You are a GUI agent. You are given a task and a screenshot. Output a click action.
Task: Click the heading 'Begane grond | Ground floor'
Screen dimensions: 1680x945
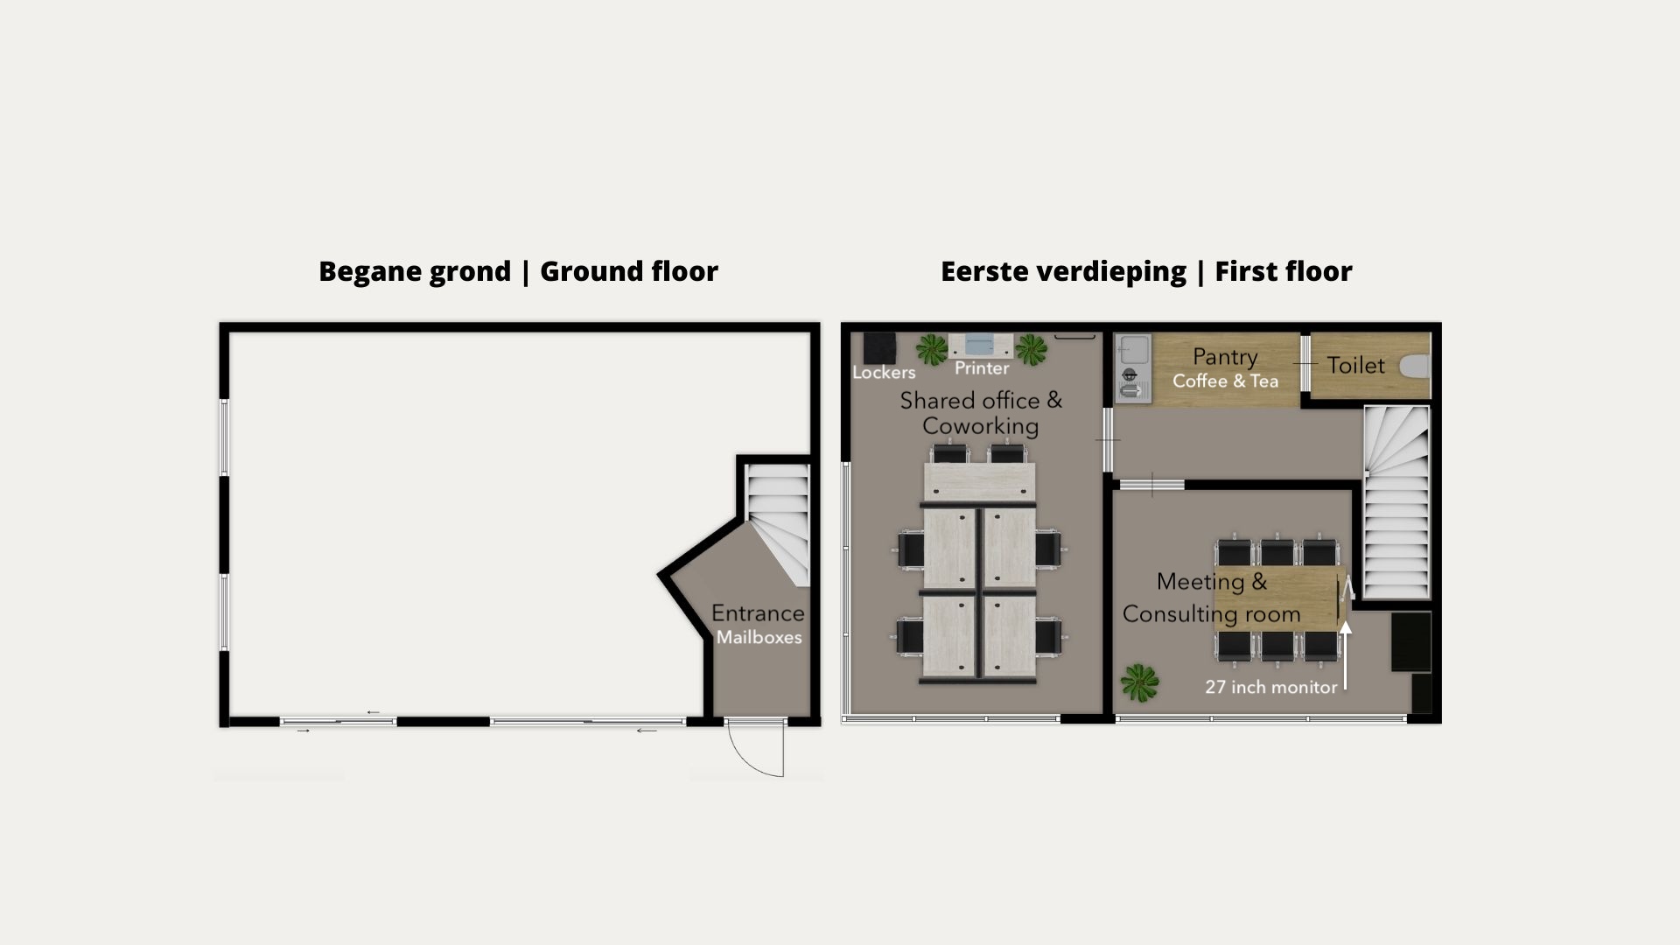518,272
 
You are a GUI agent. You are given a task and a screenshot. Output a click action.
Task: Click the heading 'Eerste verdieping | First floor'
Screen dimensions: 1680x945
1146,272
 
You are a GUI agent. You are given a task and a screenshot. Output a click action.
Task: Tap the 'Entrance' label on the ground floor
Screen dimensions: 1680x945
758,613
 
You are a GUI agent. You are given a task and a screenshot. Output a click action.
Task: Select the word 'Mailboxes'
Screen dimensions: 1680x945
759,637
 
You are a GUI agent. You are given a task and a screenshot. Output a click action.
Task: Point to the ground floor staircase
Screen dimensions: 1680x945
777,525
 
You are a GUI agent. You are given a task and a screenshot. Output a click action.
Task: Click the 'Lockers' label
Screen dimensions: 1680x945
884,373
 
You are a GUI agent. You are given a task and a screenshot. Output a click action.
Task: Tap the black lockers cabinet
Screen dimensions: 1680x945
879,347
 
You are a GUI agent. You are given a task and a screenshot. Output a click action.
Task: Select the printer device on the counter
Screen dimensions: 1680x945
982,346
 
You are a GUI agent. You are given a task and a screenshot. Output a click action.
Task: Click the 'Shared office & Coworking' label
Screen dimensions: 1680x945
981,413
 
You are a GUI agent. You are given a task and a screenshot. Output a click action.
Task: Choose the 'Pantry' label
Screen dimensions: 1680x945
1225,357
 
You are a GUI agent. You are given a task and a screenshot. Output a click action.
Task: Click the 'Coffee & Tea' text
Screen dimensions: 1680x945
1225,381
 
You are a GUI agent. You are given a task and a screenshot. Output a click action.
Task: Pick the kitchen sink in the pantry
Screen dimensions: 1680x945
1133,350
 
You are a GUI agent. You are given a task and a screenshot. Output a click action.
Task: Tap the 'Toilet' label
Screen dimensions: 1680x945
1356,366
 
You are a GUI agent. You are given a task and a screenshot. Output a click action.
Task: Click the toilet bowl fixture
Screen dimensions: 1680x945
1415,366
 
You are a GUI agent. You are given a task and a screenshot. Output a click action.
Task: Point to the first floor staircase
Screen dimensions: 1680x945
1396,502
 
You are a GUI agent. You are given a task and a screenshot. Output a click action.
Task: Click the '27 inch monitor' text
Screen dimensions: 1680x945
1271,687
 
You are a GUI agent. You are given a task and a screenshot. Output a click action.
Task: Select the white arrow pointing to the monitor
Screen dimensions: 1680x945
1346,654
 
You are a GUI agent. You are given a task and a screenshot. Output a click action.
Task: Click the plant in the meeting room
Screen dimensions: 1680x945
1139,682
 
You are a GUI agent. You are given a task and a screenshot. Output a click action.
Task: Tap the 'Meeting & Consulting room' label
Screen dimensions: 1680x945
1212,598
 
